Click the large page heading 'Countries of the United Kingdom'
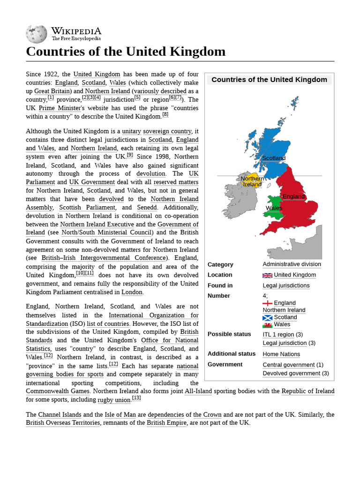pyautogui.click(x=126, y=51)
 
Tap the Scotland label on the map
pyautogui.click(x=274, y=158)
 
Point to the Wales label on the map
pyautogui.click(x=274, y=208)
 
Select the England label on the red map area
pyautogui.click(x=293, y=196)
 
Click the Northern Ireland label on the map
pyautogui.click(x=252, y=181)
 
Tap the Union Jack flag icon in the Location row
pyautogui.click(x=267, y=275)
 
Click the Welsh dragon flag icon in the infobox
pyautogui.click(x=267, y=324)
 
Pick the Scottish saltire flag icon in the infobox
pyautogui.click(x=267, y=317)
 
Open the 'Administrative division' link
pyautogui.click(x=292, y=264)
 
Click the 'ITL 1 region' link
pyautogui.click(x=278, y=335)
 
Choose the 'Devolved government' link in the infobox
pyautogui.click(x=291, y=374)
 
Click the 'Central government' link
pyautogui.click(x=288, y=365)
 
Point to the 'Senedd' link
pyautogui.click(x=147, y=207)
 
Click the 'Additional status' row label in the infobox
pyautogui.click(x=232, y=354)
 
